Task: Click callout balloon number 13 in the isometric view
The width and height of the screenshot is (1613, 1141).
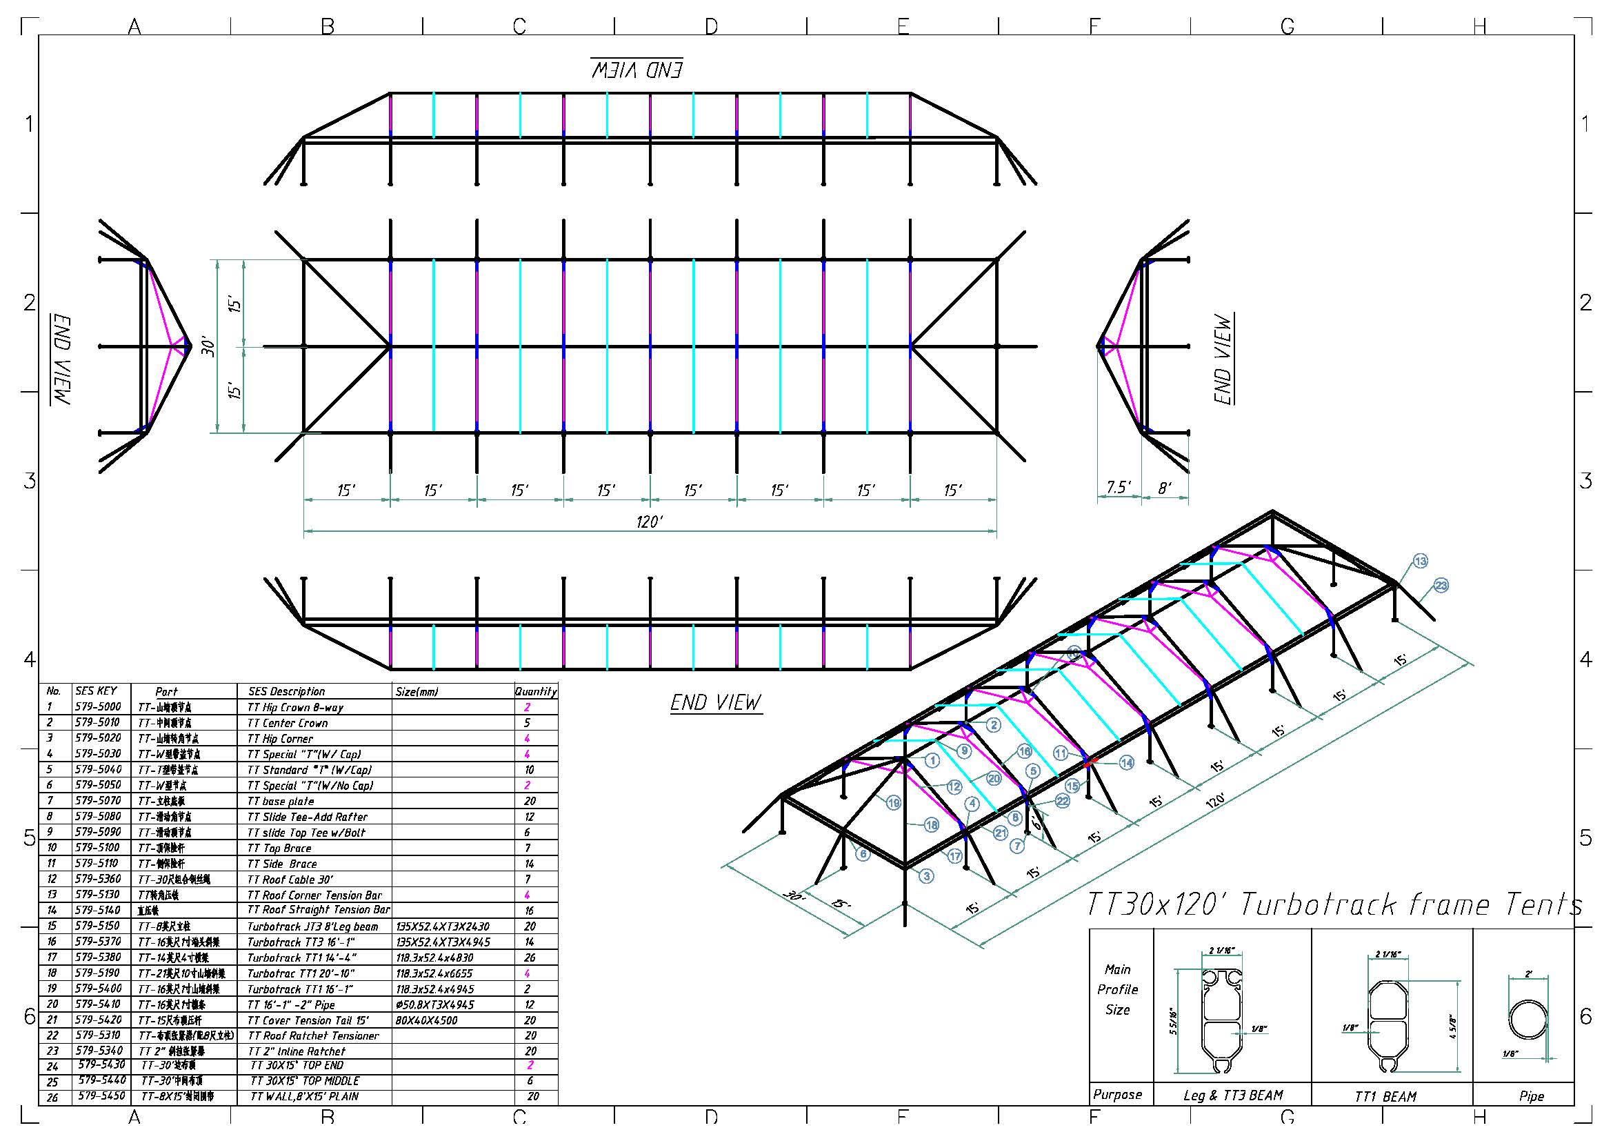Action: (x=1421, y=561)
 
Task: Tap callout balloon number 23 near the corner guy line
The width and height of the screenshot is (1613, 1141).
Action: (x=1441, y=585)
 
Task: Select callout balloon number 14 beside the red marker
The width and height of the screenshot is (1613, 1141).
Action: (x=1126, y=762)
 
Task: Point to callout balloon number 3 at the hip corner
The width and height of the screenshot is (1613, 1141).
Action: (x=927, y=876)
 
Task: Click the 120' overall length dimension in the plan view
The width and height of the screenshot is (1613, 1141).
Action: (x=649, y=522)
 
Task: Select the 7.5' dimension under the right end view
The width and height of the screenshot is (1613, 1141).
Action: (x=1119, y=487)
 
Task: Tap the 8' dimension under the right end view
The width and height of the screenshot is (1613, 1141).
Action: (x=1165, y=487)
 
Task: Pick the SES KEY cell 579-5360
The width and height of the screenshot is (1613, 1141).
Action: (x=98, y=879)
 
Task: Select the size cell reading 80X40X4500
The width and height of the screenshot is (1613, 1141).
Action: (x=426, y=1020)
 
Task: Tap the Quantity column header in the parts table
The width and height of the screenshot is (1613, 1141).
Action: (x=535, y=691)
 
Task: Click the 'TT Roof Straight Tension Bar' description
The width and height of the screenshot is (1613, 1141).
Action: (x=318, y=910)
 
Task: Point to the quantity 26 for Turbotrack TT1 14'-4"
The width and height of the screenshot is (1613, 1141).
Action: (x=530, y=958)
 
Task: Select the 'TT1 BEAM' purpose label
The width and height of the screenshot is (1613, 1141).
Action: (x=1385, y=1096)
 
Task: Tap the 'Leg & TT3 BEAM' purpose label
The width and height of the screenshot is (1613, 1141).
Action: (x=1233, y=1095)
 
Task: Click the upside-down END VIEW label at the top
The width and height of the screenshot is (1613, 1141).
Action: (x=637, y=69)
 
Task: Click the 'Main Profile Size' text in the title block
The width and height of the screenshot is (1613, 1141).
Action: (x=1117, y=989)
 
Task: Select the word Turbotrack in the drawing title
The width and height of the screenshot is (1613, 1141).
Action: (x=1317, y=905)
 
